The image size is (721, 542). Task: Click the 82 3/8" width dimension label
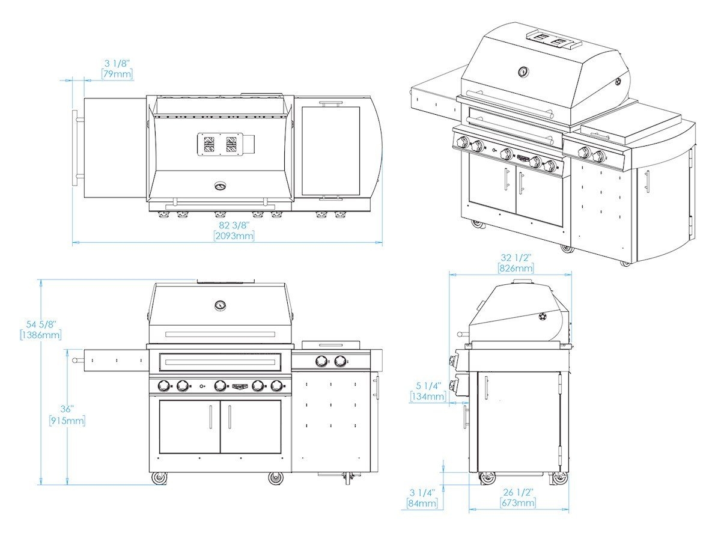[x=234, y=225]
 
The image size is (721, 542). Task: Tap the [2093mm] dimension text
[x=234, y=236]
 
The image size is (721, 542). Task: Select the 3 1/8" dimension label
[x=117, y=63]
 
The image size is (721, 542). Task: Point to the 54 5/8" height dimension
[x=41, y=324]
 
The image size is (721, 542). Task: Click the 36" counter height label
[x=67, y=409]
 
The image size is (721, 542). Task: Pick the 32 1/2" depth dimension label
[x=516, y=257]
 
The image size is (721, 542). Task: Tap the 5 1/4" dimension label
[x=428, y=386]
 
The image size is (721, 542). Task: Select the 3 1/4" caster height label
[x=422, y=492]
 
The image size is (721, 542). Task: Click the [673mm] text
[x=518, y=502]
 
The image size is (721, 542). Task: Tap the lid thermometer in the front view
[x=220, y=305]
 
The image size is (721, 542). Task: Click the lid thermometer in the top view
[x=220, y=186]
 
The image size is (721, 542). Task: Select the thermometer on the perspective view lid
[x=523, y=72]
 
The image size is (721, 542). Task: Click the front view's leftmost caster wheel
[x=159, y=478]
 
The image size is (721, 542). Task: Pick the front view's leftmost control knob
[x=163, y=386]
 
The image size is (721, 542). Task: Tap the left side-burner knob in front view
[x=321, y=361]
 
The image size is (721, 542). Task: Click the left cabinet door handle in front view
[x=210, y=417]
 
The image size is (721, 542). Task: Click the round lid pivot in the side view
[x=543, y=316]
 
